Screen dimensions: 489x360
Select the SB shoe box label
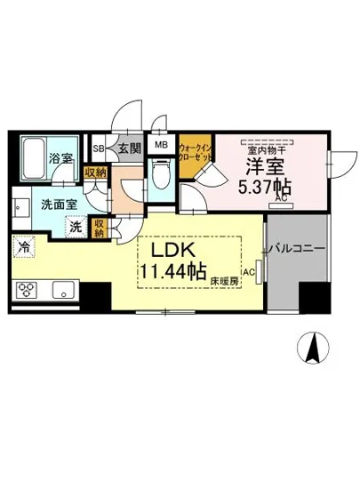(99, 148)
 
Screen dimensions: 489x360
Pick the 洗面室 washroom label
(55, 205)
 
